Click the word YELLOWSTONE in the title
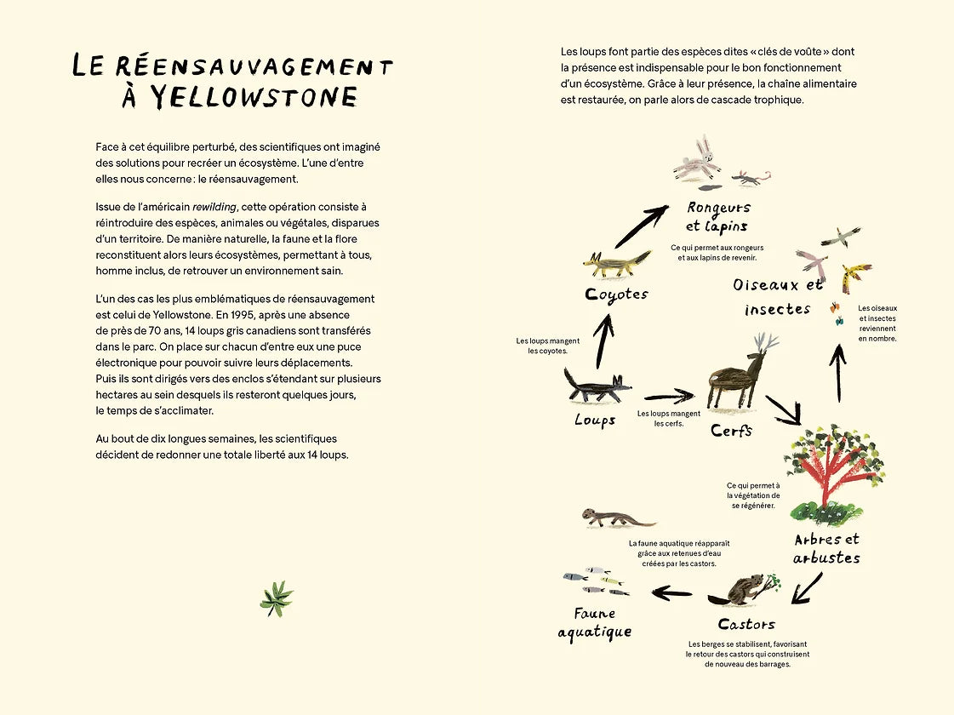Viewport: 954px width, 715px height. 254,97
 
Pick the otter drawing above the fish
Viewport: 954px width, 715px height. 617,518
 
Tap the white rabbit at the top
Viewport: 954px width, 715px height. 698,158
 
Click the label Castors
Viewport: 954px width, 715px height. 746,625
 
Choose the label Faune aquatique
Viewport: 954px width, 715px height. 595,622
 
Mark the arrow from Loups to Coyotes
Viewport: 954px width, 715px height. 603,340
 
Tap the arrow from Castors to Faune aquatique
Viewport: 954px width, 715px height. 672,592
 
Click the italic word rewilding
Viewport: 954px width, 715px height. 214,207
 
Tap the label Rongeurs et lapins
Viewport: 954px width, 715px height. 719,216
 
